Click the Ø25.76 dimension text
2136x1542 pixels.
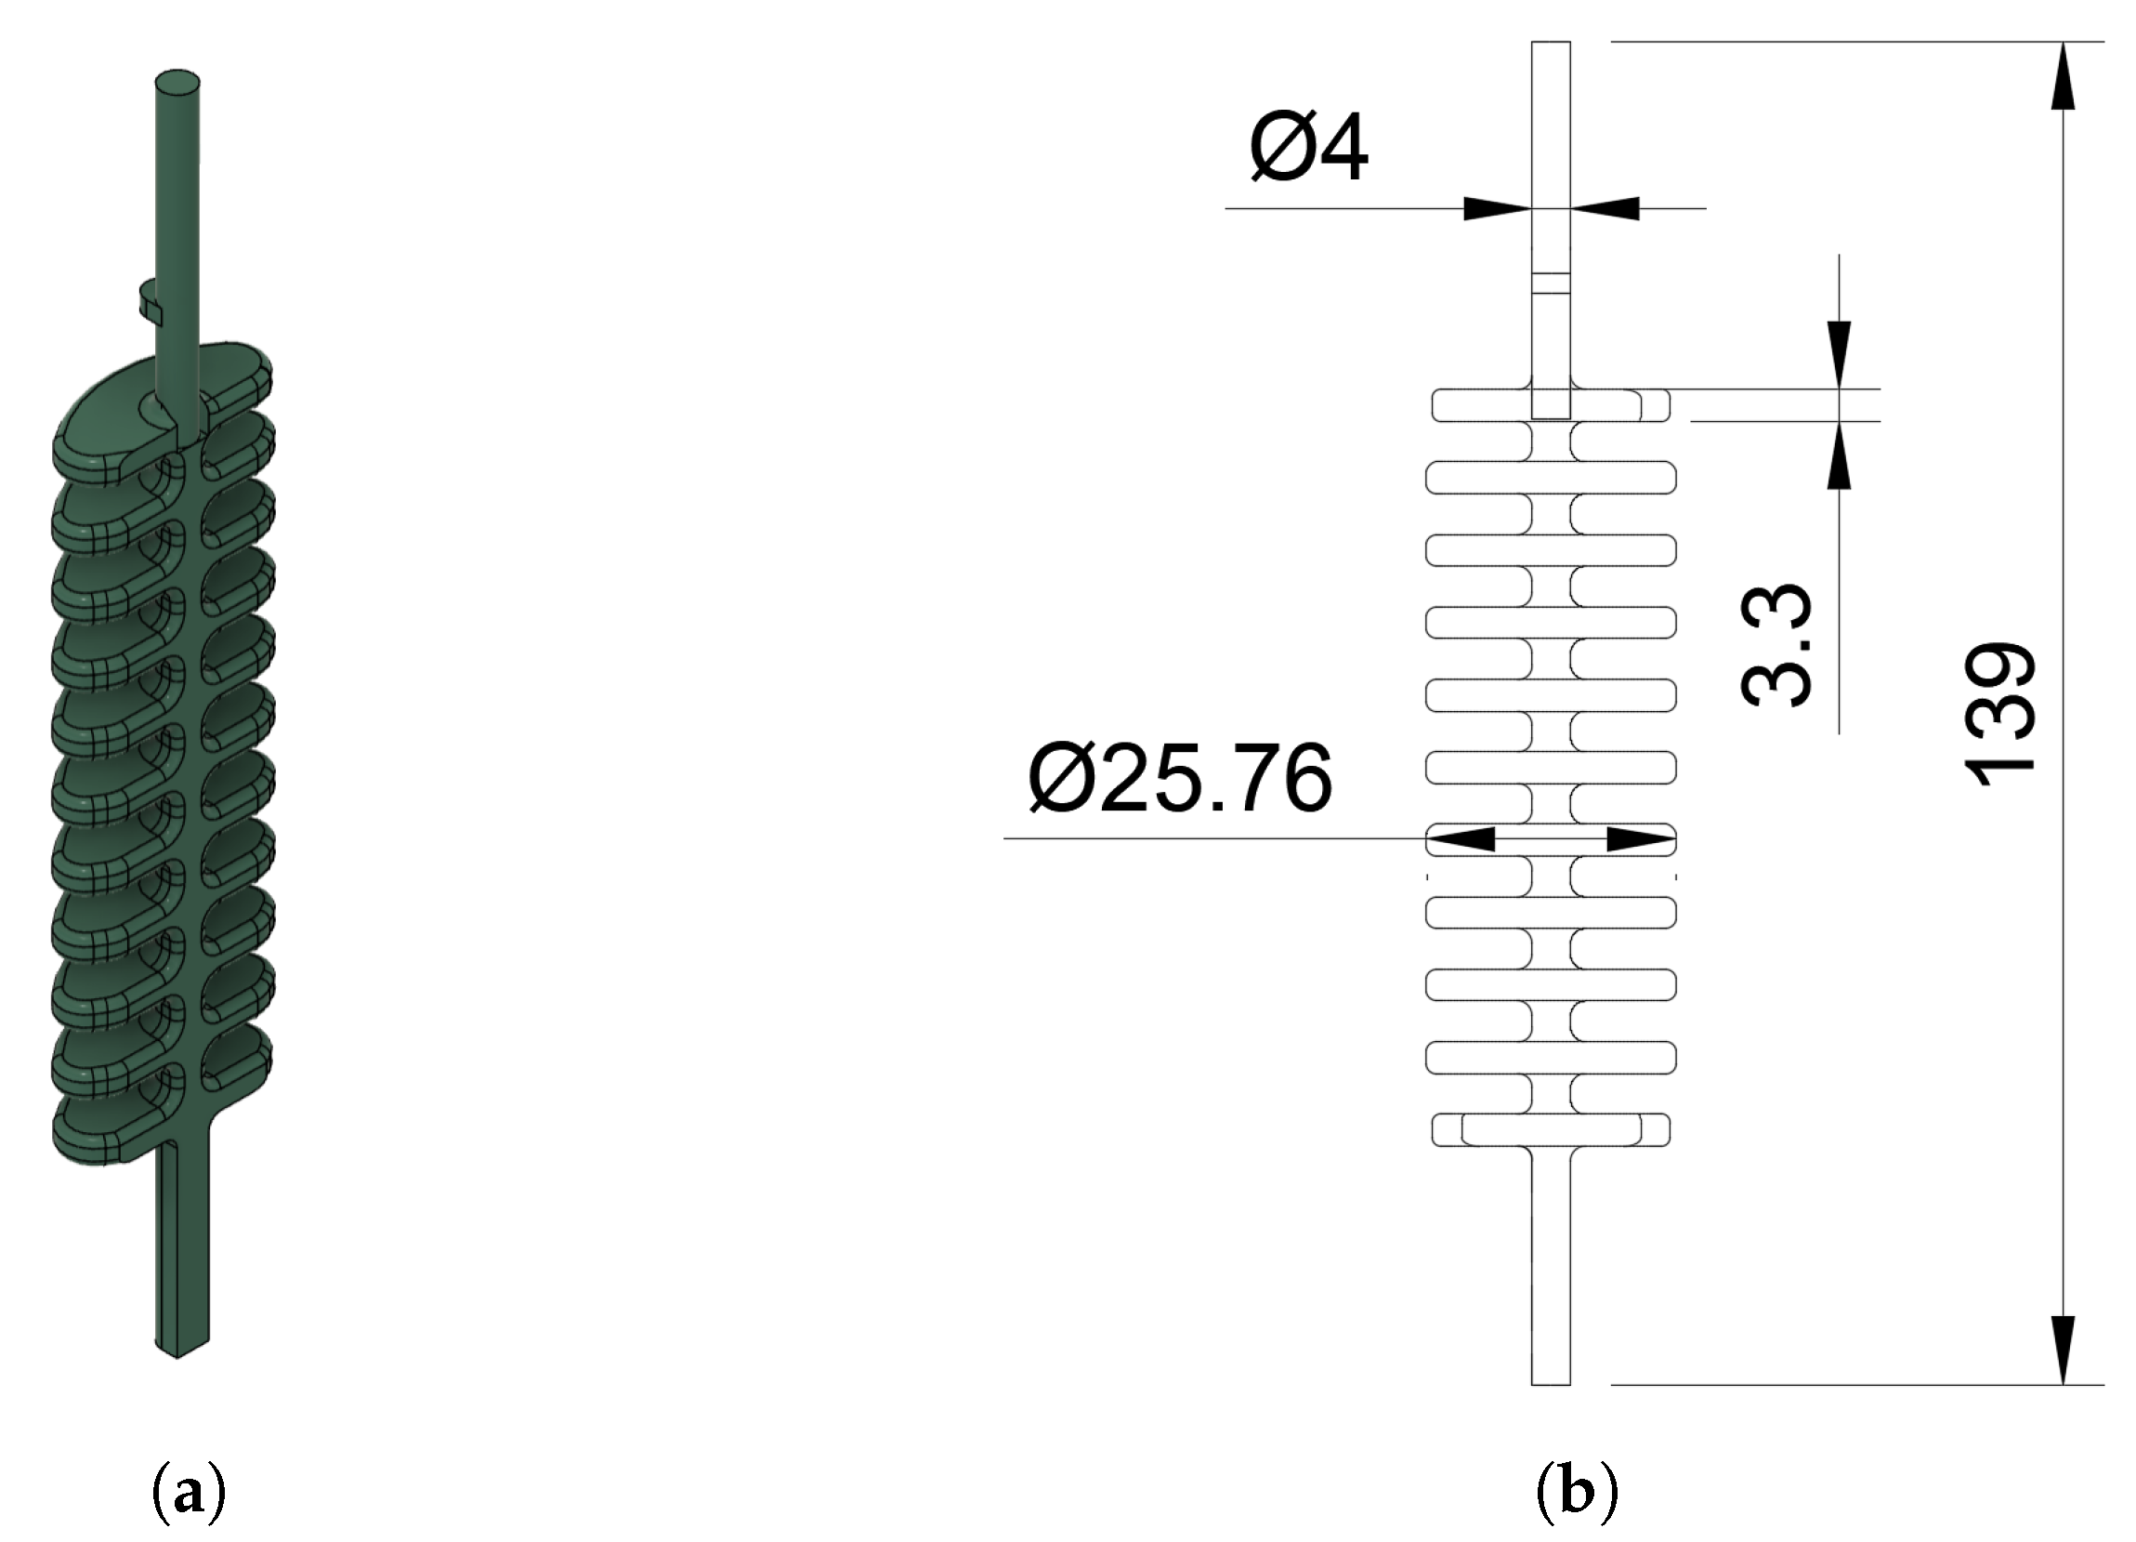(1180, 778)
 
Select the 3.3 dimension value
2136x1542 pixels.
(1775, 644)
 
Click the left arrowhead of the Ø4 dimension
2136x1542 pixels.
(1496, 208)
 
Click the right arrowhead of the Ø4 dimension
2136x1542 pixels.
(1605, 208)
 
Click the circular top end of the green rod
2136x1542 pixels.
(177, 83)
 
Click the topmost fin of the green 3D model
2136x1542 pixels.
(160, 405)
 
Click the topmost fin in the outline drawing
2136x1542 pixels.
(1550, 405)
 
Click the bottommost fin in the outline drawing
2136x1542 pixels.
(1550, 1130)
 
